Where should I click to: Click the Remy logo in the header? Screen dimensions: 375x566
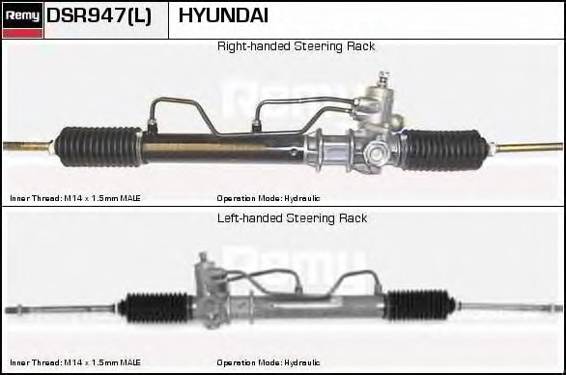22,19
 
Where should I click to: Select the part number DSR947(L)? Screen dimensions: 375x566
99,16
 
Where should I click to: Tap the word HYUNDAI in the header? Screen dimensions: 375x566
223,16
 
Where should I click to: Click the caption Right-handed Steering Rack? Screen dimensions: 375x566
296,46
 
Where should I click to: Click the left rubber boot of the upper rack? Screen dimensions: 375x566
98,147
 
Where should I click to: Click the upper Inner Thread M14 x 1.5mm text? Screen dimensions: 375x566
75,198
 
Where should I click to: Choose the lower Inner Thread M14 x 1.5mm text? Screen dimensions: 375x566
75,362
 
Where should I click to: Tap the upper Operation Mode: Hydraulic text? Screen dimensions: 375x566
269,198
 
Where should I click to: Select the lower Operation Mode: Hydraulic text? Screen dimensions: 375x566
269,362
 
